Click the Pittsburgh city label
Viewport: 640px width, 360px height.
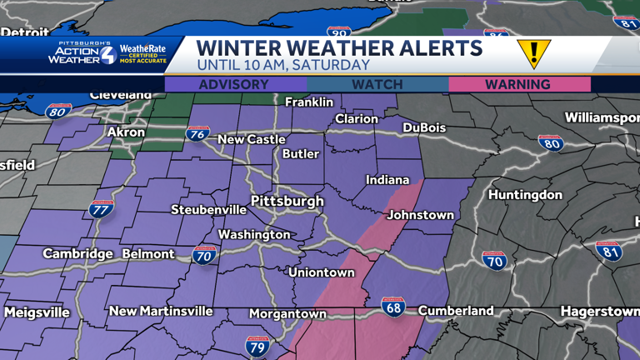click(287, 202)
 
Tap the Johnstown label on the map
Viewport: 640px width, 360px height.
click(421, 215)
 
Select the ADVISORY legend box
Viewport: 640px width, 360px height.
click(234, 84)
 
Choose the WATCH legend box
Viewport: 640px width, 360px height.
click(377, 84)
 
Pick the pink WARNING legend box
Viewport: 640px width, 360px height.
click(518, 84)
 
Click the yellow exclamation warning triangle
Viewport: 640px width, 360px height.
click(533, 53)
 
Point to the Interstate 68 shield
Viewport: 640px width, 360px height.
click(393, 306)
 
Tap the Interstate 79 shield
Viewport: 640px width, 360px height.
click(257, 344)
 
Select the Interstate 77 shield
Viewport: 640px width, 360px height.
click(101, 208)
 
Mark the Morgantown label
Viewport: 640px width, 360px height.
click(287, 314)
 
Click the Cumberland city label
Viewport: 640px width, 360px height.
click(456, 311)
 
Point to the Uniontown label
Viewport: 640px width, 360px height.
click(321, 272)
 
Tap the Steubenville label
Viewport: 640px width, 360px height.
click(208, 210)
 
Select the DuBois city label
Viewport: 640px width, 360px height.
click(423, 128)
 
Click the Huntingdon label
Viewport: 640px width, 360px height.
click(525, 195)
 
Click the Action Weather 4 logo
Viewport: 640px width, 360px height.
click(82, 54)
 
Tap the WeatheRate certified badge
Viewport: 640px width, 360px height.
click(142, 54)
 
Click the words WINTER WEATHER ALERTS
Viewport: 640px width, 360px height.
click(339, 47)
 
